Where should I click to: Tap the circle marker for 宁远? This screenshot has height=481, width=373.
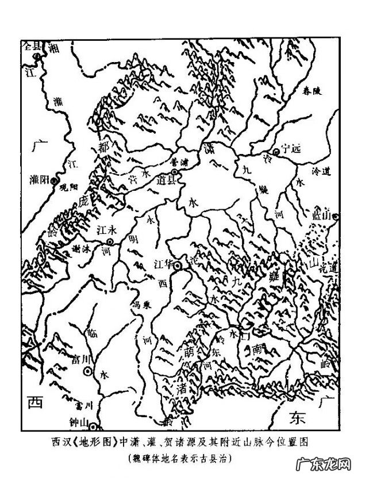276,152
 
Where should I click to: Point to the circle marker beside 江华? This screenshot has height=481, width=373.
178,265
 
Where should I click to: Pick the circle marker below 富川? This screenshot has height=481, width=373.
88,372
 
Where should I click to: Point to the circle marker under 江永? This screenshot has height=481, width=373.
110,242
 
